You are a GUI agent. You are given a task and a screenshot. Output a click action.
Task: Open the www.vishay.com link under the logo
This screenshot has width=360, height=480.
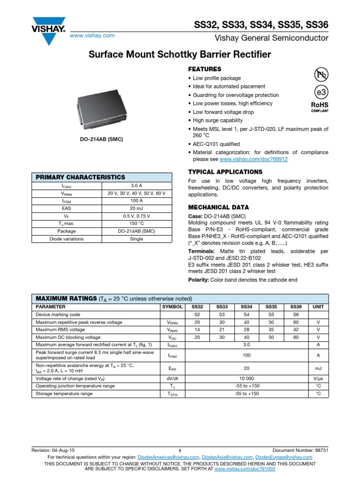[92, 36]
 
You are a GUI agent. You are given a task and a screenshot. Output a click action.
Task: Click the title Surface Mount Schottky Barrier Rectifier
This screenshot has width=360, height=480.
[180, 55]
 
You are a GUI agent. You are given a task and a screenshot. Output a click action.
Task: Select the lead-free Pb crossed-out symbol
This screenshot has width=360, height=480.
[321, 75]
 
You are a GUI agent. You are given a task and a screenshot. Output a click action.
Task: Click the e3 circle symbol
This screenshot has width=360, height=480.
[321, 92]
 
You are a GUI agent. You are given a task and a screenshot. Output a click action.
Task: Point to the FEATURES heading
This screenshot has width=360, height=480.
[204, 69]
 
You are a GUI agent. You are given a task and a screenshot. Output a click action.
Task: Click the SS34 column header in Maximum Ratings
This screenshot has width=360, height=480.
[246, 307]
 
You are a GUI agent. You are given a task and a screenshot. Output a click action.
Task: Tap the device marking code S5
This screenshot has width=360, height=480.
[271, 315]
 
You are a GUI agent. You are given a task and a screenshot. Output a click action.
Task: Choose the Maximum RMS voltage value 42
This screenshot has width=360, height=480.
[296, 330]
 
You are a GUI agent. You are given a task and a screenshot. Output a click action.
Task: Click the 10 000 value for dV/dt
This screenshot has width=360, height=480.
[246, 378]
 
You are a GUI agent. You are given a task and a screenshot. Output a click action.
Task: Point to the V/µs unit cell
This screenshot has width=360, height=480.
[318, 378]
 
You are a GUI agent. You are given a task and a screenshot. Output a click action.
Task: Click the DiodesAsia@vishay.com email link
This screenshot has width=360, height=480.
[227, 457]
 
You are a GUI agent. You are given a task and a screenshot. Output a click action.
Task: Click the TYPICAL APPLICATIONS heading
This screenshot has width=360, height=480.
[225, 172]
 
